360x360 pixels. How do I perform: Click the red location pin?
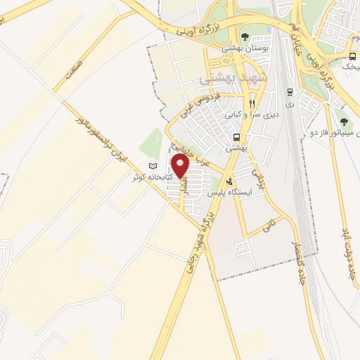(x=181, y=166)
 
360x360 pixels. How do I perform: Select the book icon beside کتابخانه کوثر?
(x=153, y=166)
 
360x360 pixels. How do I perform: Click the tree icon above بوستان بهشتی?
(x=244, y=37)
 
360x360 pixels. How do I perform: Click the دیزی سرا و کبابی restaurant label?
(x=252, y=112)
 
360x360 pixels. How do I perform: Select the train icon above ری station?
(x=290, y=91)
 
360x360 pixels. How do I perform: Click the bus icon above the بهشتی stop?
(x=237, y=137)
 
